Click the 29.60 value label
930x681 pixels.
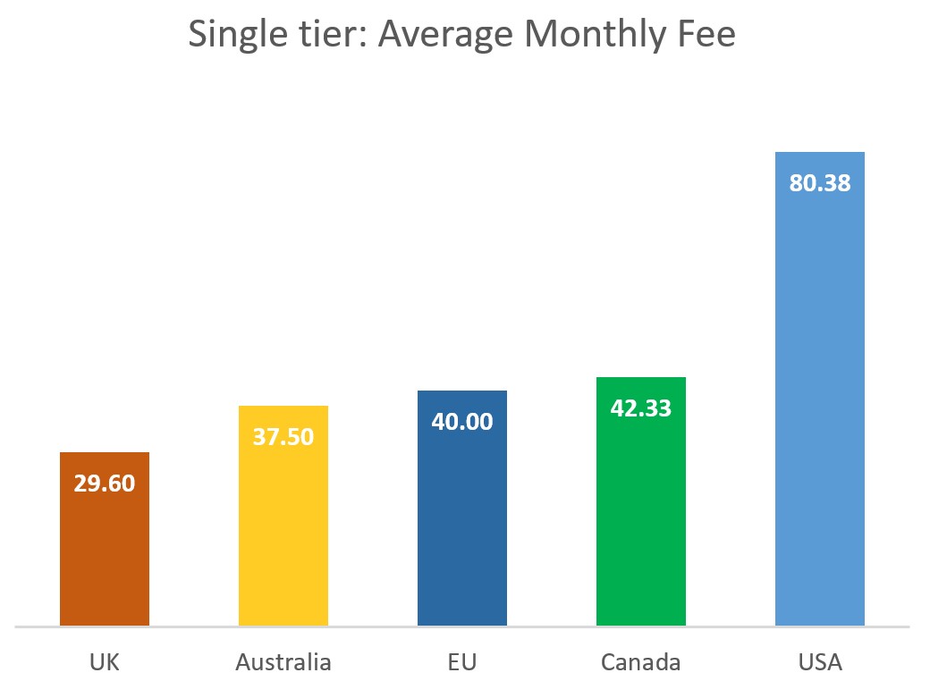(x=105, y=484)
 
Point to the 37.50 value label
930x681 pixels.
(x=283, y=438)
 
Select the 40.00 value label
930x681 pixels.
(x=462, y=422)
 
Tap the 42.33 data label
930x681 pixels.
(x=641, y=408)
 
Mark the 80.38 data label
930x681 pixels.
(x=820, y=183)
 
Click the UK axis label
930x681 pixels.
(x=105, y=663)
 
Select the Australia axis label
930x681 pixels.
(x=283, y=663)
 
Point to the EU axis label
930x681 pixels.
(x=462, y=663)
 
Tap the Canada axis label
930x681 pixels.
(x=641, y=663)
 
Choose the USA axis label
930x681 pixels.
(x=820, y=663)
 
